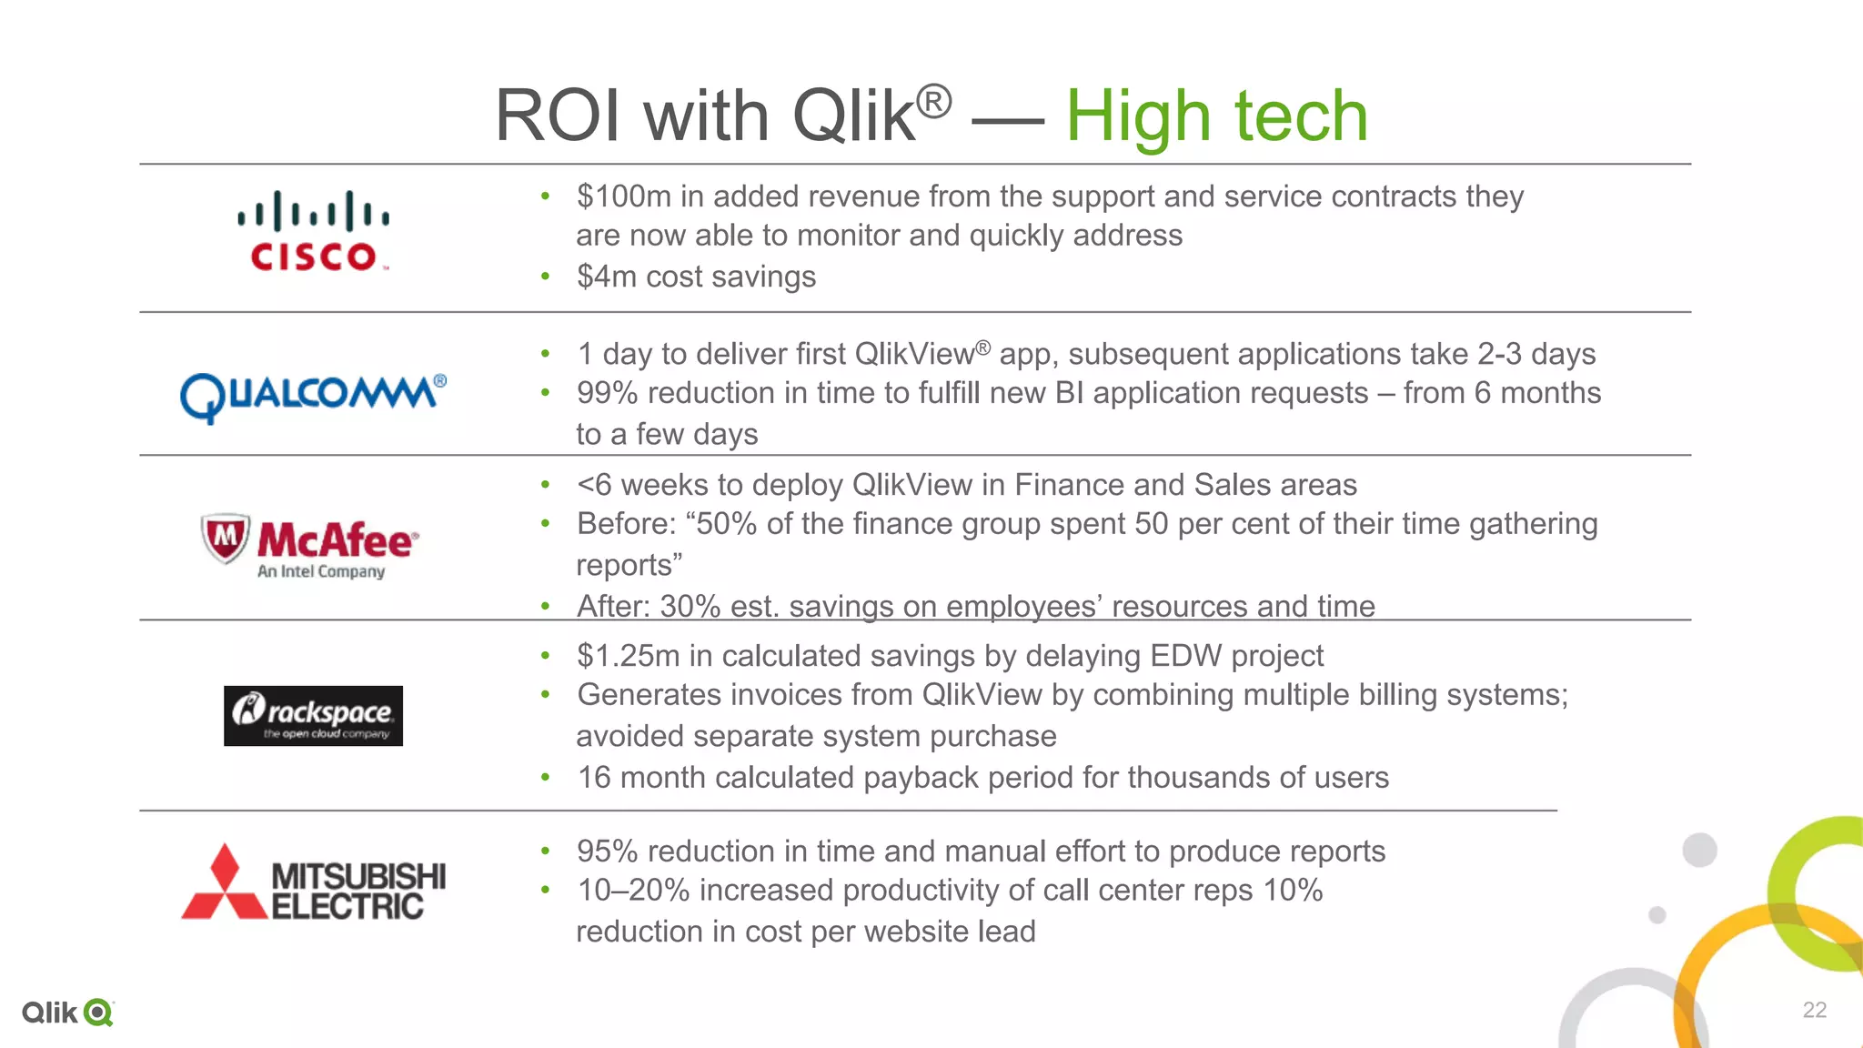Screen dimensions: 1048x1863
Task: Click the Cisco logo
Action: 313,232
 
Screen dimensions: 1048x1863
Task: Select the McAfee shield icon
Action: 225,538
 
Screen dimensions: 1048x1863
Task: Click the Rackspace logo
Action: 313,716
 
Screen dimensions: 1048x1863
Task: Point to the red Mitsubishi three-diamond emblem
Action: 224,883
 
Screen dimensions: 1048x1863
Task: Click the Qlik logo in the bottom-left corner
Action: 67,1013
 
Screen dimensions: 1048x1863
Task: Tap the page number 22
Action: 1814,1010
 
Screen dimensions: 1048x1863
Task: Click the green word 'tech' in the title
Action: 1301,116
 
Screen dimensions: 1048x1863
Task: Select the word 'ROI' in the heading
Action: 556,116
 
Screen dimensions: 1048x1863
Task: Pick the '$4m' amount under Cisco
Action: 607,277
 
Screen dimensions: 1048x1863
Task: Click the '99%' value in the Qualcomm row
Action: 607,393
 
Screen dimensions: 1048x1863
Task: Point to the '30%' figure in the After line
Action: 690,607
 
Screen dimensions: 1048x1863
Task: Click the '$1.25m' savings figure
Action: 628,656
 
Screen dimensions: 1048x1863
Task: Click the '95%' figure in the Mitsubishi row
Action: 607,851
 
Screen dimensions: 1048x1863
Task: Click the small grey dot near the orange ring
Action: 1657,915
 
